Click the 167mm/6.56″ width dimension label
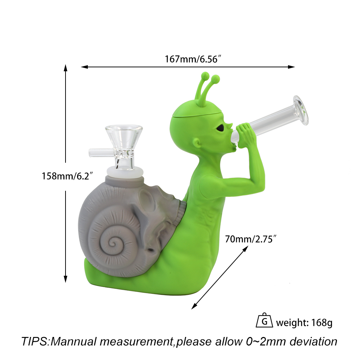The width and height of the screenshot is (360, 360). (x=193, y=59)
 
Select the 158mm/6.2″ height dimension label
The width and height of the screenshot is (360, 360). (x=67, y=176)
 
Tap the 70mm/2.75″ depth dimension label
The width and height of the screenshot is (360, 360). (x=250, y=239)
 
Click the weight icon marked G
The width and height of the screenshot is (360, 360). (x=264, y=320)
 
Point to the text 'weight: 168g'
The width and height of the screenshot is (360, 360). (x=304, y=323)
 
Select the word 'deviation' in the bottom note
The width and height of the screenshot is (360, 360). (x=314, y=341)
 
